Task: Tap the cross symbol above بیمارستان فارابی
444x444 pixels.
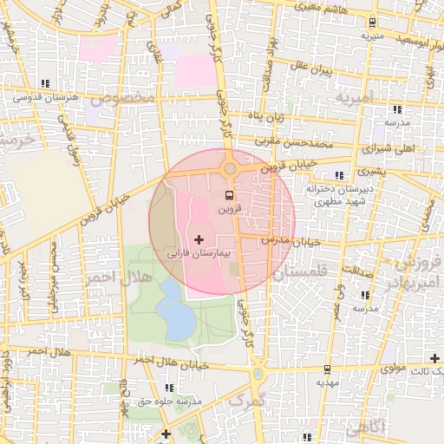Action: pyautogui.click(x=199, y=238)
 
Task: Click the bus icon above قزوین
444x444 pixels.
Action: pyautogui.click(x=229, y=194)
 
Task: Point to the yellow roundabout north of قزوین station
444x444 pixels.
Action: pyautogui.click(x=230, y=169)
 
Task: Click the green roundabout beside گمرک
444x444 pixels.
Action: pyautogui.click(x=258, y=374)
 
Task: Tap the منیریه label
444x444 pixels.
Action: pyautogui.click(x=373, y=36)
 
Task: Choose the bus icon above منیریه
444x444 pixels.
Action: pyautogui.click(x=373, y=23)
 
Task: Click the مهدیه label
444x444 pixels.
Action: pyautogui.click(x=326, y=382)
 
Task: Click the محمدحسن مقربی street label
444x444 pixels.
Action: pyautogui.click(x=293, y=139)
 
